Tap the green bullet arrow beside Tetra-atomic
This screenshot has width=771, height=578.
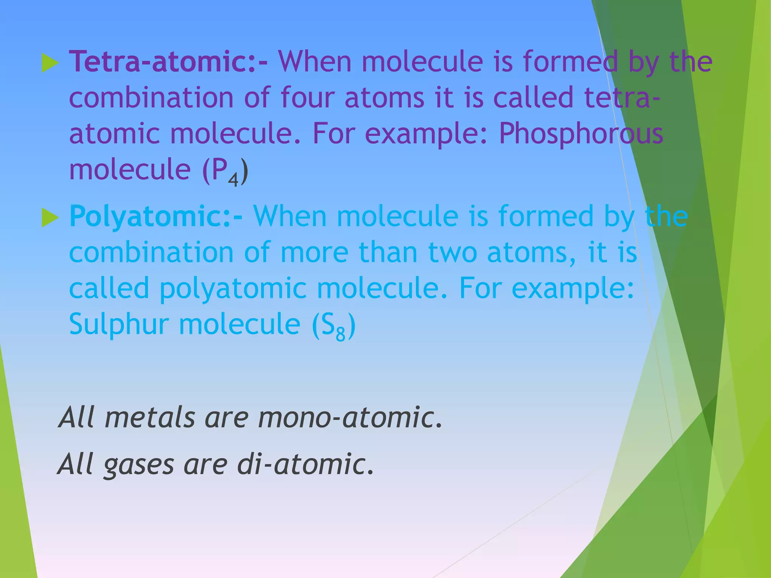point(50,63)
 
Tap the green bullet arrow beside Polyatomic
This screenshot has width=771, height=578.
point(50,218)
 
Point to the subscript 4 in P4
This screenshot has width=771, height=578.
point(233,180)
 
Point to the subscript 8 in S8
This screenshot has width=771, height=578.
point(340,334)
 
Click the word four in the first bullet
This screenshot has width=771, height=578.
point(307,97)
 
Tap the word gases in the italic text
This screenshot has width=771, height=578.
point(139,464)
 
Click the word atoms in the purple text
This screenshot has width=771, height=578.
point(384,97)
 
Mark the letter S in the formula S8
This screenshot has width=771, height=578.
point(328,324)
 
